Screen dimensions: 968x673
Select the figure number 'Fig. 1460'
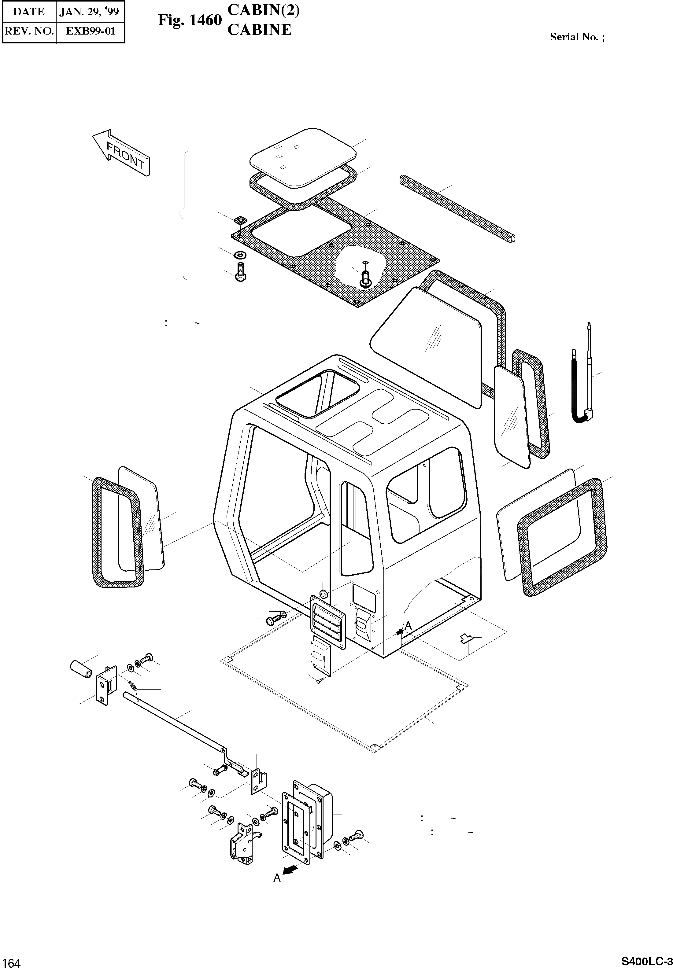click(190, 20)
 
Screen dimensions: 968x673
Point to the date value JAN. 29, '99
click(89, 11)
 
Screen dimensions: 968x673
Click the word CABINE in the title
click(259, 30)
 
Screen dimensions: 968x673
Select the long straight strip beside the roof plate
click(457, 208)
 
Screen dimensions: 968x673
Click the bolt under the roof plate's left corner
click(240, 271)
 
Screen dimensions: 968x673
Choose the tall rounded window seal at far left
click(117, 532)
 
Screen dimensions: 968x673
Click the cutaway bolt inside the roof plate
click(365, 278)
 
